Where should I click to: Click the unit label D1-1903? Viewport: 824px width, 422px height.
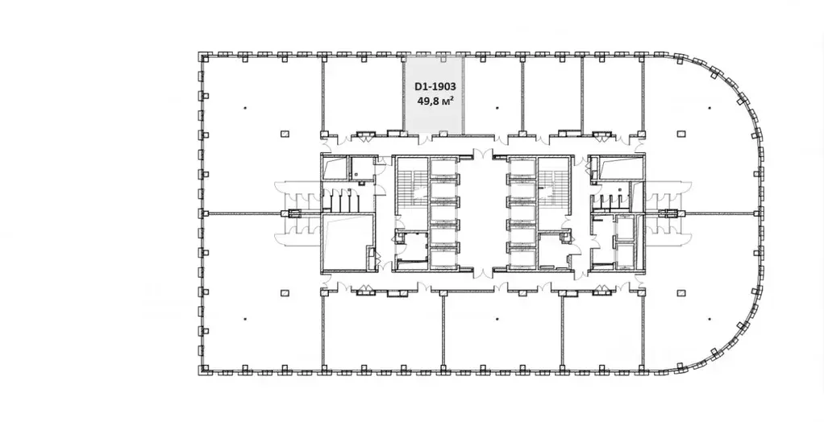[x=435, y=87]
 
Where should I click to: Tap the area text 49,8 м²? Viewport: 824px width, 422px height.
[x=435, y=100]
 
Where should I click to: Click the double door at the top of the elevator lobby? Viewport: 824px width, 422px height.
[x=483, y=155]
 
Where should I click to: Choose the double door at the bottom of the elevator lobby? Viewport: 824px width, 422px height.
[x=483, y=272]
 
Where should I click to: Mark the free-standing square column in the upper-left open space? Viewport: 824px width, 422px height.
[x=285, y=134]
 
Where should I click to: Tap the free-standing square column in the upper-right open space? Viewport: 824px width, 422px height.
[x=681, y=134]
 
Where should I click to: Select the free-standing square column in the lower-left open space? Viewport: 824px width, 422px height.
[x=285, y=293]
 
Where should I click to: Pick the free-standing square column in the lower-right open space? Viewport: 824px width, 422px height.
[x=681, y=293]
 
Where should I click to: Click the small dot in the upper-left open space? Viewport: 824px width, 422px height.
[x=245, y=108]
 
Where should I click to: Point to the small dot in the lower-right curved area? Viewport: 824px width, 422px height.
[x=710, y=319]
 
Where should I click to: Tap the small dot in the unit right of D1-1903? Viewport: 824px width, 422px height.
[x=497, y=108]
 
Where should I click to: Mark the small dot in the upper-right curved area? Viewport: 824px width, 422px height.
[x=710, y=108]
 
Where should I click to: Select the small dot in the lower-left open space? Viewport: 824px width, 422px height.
[x=245, y=319]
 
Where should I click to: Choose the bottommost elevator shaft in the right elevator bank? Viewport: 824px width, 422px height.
[x=522, y=259]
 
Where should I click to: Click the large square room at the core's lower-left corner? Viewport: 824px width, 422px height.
[x=347, y=242]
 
